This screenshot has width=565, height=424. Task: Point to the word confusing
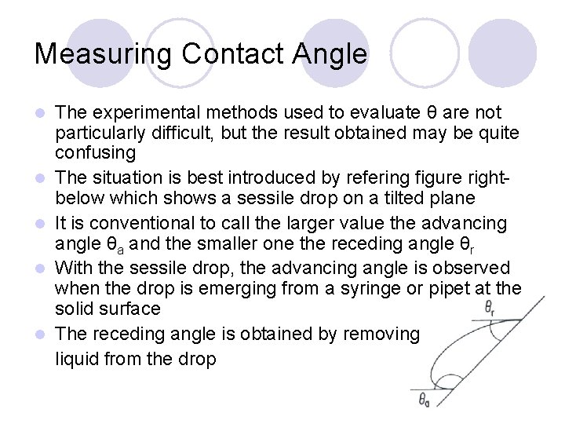(x=97, y=152)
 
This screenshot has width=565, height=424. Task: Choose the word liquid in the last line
(x=78, y=360)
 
